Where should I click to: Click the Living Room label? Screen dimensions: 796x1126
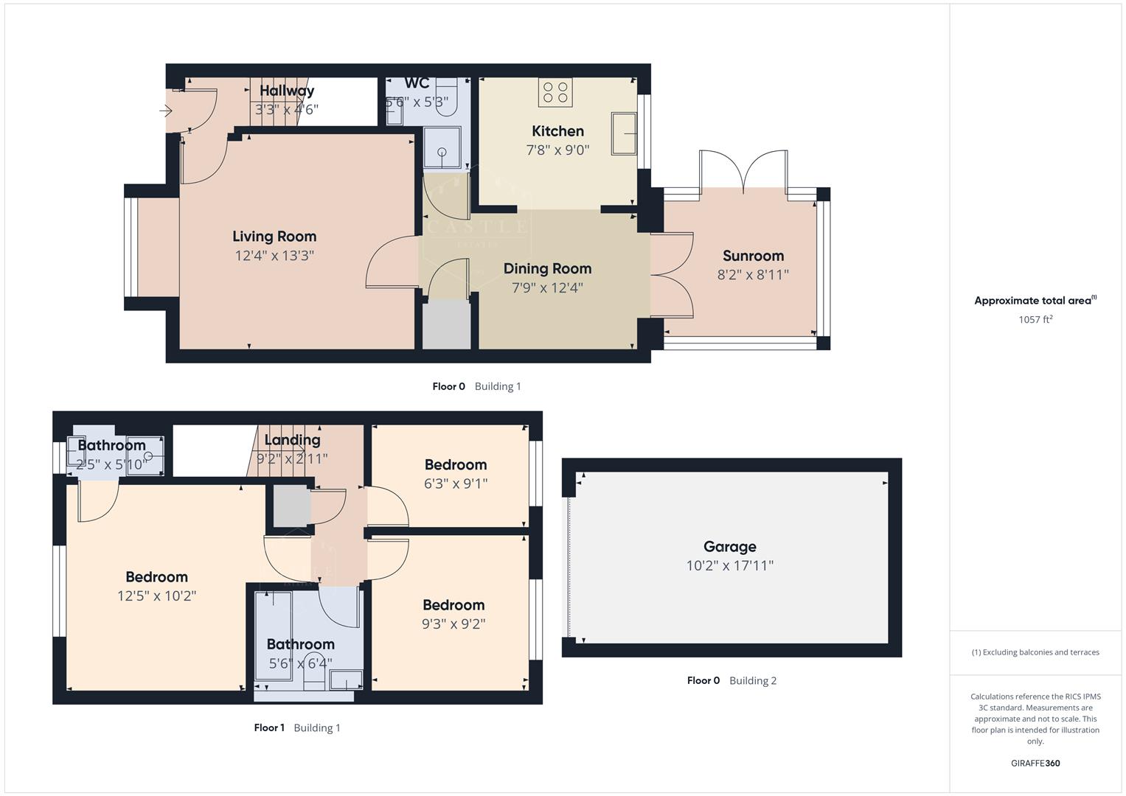click(274, 237)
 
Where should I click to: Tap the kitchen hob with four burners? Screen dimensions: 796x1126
click(555, 93)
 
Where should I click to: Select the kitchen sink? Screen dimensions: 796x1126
click(624, 133)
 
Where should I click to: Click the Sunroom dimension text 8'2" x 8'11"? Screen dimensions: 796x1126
click(753, 275)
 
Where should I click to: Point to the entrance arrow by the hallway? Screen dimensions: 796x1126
click(165, 111)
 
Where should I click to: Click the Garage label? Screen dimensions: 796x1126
click(729, 547)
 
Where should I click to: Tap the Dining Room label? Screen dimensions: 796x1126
click(547, 269)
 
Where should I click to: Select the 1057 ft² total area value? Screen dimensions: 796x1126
click(1035, 320)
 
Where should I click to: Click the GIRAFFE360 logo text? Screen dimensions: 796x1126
click(1035, 764)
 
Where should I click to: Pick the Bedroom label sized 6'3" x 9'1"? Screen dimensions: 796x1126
click(455, 465)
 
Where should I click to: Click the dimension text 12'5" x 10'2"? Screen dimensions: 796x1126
click(156, 596)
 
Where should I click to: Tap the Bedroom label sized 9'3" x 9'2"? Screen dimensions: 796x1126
click(453, 605)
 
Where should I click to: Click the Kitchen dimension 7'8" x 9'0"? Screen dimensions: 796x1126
click(557, 150)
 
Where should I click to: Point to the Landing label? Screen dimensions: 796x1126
click(292, 440)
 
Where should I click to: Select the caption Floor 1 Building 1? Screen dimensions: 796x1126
click(297, 728)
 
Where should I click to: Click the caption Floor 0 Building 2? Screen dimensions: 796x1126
click(731, 681)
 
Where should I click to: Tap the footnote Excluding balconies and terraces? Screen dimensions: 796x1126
click(1035, 652)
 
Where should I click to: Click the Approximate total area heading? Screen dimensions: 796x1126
click(1035, 301)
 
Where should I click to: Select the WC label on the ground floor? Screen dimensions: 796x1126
click(417, 83)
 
